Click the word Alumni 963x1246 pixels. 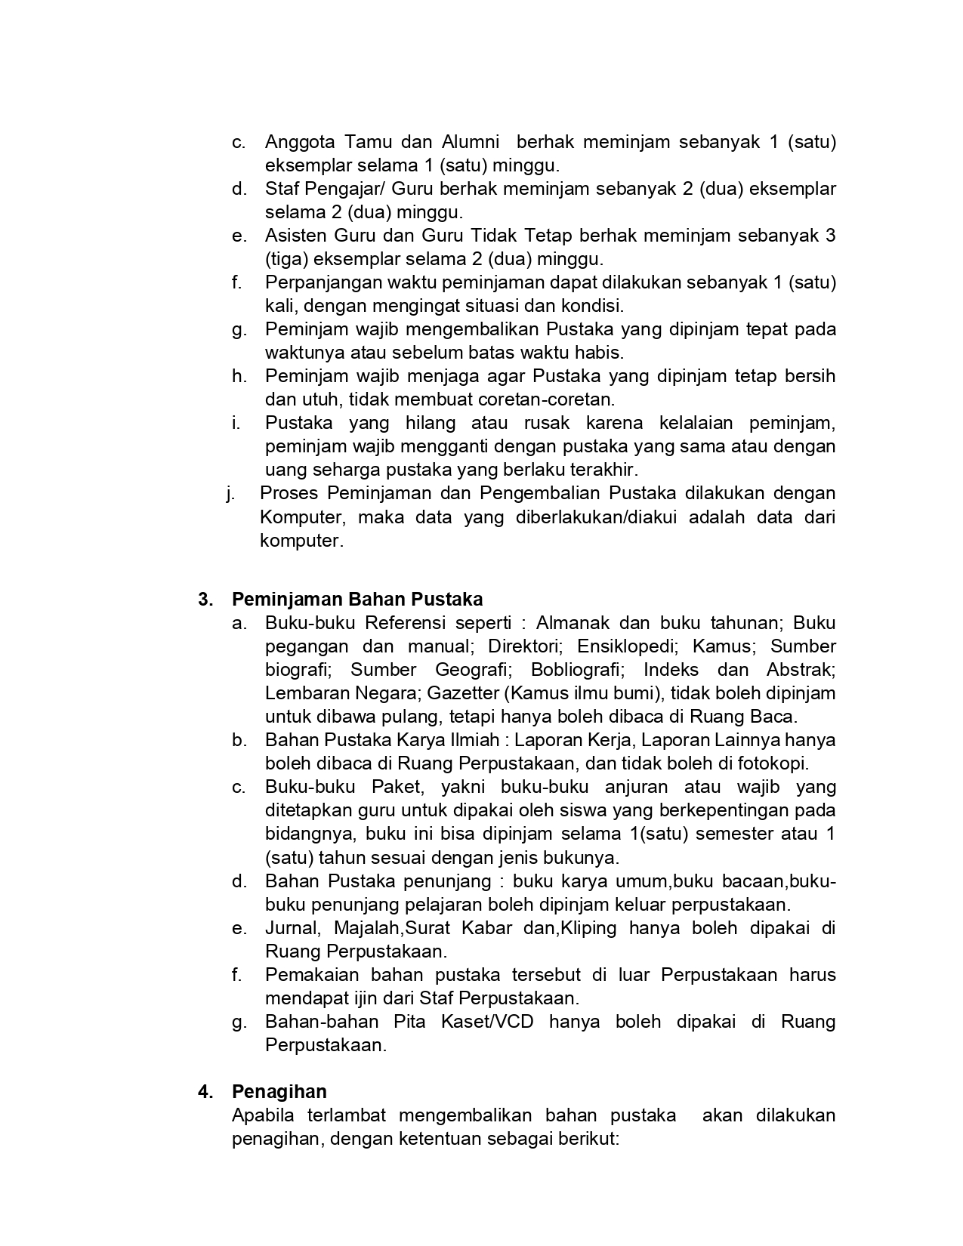470,142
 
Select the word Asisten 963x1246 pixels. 295,236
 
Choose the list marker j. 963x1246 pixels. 229,494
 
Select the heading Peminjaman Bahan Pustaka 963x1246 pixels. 356,600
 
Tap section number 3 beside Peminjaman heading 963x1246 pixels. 205,600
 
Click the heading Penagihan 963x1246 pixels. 279,1092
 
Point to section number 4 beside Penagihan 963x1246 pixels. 205,1092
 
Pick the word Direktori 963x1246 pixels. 523,646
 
